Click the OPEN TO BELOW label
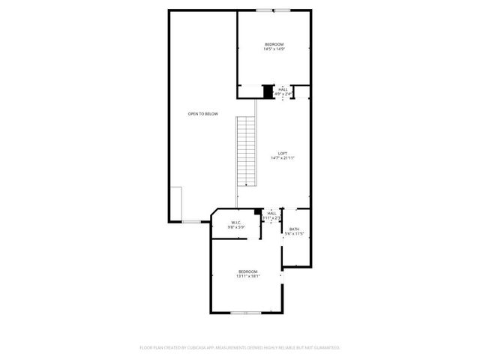coord(202,113)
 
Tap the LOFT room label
coord(283,154)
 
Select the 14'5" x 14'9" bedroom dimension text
coord(274,50)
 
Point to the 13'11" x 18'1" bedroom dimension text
coord(248,276)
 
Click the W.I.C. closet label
coord(235,223)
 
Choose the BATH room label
coord(294,229)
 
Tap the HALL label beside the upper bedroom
coord(283,89)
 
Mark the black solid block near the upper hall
coord(268,91)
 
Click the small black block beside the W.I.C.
coord(258,213)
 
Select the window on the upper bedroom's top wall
coord(273,10)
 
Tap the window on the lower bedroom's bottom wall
coord(244,312)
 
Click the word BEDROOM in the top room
coord(274,46)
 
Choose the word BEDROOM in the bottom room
coord(248,271)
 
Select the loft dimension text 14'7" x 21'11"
coord(283,158)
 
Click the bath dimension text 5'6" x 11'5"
coord(294,234)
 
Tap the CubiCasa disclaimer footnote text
coord(240,348)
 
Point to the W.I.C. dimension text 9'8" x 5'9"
coord(235,227)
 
